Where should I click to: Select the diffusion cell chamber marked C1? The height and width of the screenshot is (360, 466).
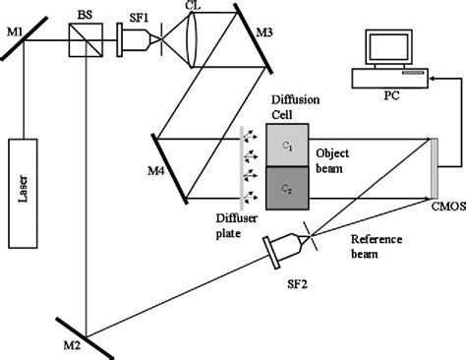point(287,144)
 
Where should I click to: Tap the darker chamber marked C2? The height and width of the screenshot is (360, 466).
point(287,186)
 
